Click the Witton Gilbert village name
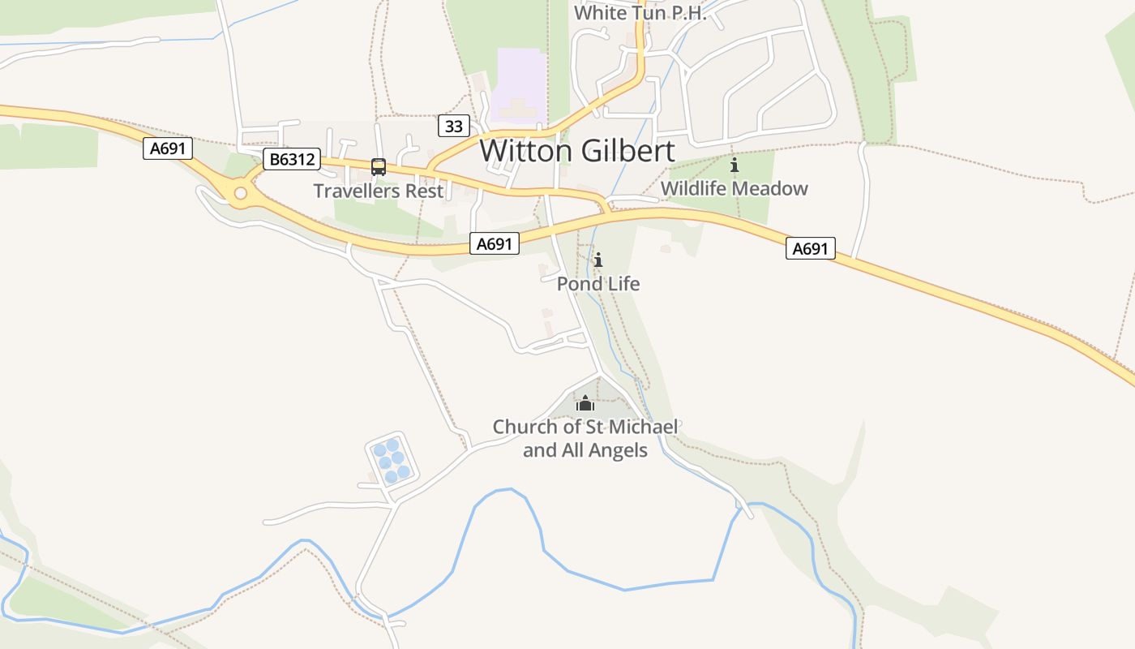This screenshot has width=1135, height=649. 576,151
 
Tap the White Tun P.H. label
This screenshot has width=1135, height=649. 640,13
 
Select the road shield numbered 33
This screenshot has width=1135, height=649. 454,126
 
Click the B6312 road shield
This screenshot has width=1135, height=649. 292,159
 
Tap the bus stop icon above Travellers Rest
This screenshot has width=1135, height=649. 379,167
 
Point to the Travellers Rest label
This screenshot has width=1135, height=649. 379,191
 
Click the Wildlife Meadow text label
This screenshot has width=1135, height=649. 734,189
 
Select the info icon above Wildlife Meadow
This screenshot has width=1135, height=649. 735,165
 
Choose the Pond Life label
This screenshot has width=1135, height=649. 598,284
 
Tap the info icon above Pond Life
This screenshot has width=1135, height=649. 598,260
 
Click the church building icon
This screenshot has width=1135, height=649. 585,402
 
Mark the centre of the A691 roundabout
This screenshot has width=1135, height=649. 240,193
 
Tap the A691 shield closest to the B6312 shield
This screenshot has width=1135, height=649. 168,148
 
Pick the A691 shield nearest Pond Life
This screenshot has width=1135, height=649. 494,243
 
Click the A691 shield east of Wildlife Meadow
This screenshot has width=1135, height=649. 810,248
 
